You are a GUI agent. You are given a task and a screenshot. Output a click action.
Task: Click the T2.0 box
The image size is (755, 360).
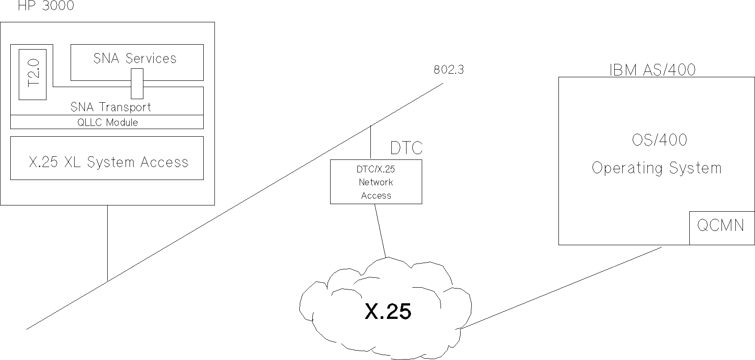(x=33, y=74)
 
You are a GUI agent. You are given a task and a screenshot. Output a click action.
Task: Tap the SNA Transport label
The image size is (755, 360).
(x=110, y=107)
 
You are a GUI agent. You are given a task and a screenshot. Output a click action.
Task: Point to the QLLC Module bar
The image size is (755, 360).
(x=107, y=122)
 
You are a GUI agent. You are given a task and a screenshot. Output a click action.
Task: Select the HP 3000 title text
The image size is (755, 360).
(x=46, y=6)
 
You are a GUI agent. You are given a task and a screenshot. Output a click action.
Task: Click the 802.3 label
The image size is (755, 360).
(x=449, y=70)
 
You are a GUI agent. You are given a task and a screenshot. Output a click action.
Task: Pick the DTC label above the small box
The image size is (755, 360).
(x=406, y=148)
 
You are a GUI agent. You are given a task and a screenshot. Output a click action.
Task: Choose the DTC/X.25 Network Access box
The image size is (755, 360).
(x=376, y=182)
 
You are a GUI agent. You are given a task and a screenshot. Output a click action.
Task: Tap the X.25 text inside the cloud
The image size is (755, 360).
(x=388, y=311)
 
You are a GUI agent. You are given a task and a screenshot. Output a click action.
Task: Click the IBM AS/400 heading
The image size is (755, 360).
(x=652, y=70)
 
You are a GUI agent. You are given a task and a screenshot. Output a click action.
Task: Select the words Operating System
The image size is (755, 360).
(x=656, y=168)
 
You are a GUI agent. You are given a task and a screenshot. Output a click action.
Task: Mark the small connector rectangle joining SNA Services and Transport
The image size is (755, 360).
(x=137, y=84)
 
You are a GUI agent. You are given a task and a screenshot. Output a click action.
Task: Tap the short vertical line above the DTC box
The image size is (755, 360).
(x=370, y=143)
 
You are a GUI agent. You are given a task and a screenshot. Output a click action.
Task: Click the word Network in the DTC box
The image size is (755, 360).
(x=376, y=182)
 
